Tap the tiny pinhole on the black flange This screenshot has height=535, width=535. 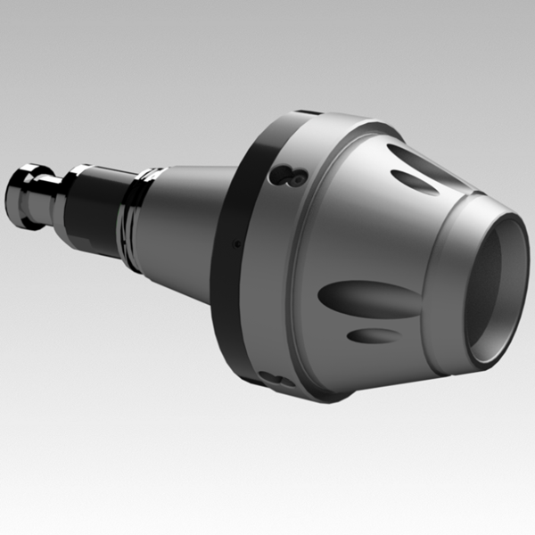click(x=235, y=243)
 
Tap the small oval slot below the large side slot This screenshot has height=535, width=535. click(x=373, y=336)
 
